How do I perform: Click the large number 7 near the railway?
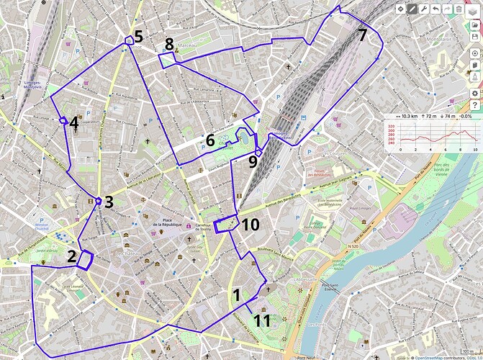tap(362, 35)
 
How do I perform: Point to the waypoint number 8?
tap(169, 45)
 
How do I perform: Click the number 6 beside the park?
tap(210, 140)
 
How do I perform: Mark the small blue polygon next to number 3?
tap(99, 202)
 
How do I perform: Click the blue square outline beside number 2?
tap(85, 259)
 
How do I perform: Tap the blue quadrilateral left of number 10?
tap(227, 224)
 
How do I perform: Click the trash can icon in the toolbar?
tap(459, 9)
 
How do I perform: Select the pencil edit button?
tap(412, 9)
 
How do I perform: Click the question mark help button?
tap(474, 106)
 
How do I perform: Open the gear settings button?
tap(474, 94)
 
